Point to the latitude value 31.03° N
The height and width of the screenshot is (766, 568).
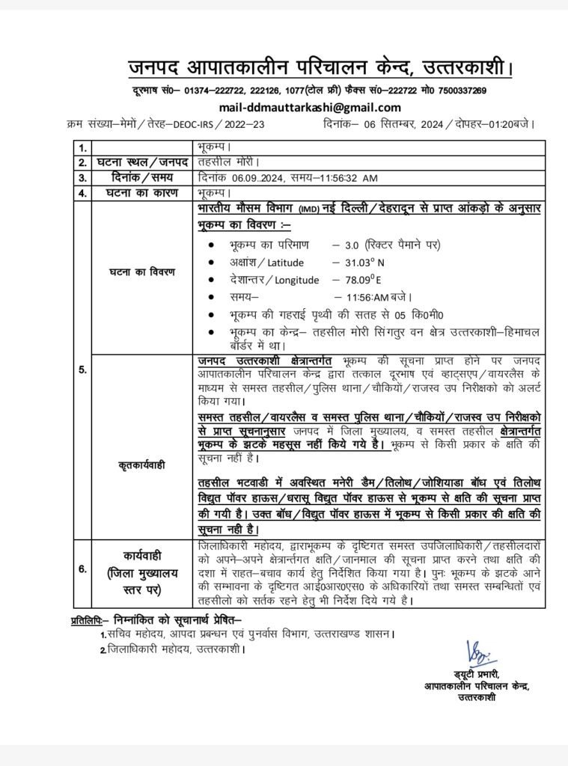click(x=370, y=262)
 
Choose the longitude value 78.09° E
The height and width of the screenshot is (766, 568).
click(x=369, y=280)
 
